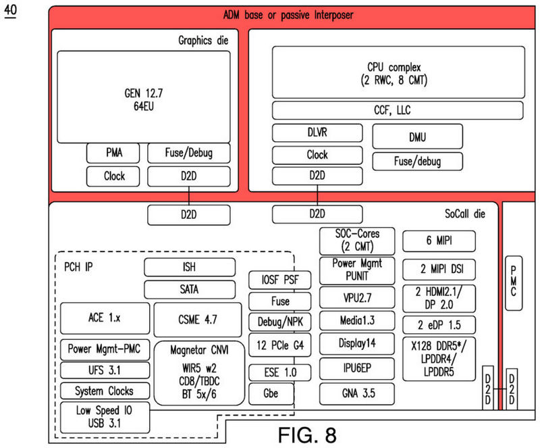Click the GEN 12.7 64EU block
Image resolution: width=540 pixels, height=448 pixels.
point(144,97)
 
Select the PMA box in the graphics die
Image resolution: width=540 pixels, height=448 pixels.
point(113,153)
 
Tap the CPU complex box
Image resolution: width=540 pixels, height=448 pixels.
point(398,73)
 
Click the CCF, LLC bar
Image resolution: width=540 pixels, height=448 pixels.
point(398,109)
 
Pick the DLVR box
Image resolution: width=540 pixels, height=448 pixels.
point(317,133)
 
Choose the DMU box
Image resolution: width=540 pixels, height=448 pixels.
point(417,137)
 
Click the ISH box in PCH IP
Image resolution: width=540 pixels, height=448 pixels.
point(190,268)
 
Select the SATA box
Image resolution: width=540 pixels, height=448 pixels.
point(190,289)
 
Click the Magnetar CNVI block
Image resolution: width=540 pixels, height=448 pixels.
point(198,373)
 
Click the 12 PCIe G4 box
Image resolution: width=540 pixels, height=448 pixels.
point(279,345)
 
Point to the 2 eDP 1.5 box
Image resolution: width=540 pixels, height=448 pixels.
point(439,324)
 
